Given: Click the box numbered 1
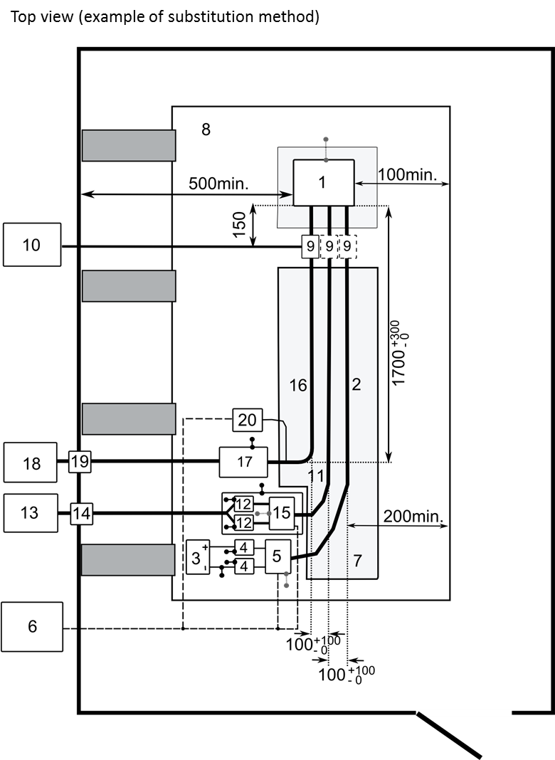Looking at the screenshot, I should coord(324,183).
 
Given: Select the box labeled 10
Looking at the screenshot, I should coord(31,245).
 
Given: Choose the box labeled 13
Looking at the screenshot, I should coord(30,512).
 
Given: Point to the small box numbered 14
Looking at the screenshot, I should coord(82,512).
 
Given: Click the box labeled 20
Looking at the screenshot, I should coord(247,420).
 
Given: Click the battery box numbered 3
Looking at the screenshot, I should coord(197,557).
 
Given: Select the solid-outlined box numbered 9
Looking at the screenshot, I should coord(310,246).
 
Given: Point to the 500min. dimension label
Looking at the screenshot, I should coord(218,184).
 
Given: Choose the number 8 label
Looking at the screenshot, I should coord(206,130).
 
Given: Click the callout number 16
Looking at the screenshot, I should coord(298,385).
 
